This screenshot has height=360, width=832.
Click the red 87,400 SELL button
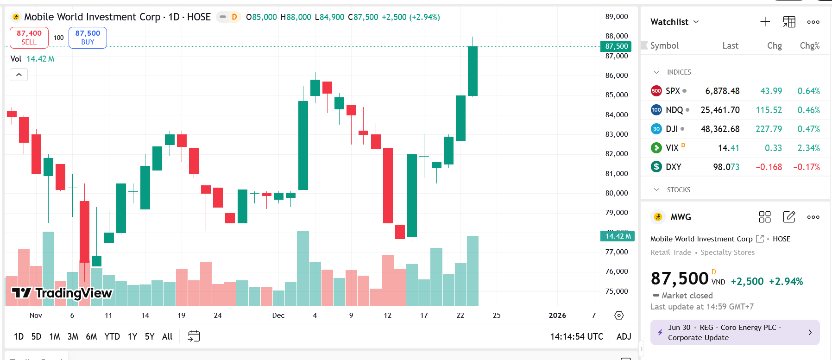[29, 38]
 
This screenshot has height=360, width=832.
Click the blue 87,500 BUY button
[88, 38]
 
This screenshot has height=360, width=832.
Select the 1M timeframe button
[55, 336]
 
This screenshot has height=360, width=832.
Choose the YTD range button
[112, 336]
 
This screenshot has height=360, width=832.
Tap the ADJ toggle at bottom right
[624, 336]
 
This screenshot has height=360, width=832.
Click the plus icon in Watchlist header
[765, 22]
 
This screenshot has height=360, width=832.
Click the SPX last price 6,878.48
[722, 91]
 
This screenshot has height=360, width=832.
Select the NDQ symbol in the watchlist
[674, 110]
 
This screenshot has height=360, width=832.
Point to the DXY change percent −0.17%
[806, 167]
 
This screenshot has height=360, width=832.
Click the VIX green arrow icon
[656, 148]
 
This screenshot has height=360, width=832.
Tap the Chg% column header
[809, 46]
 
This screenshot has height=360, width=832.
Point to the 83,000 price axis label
[617, 134]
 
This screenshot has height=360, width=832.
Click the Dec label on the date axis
[278, 316]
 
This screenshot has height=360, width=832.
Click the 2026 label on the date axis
[557, 316]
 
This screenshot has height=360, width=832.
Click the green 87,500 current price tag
[616, 46]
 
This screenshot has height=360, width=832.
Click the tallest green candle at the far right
[473, 71]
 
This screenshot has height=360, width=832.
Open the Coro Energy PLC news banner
[735, 333]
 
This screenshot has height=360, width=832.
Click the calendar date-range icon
[194, 336]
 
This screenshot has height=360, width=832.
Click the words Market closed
[687, 296]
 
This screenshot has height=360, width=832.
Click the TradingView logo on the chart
[62, 293]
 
